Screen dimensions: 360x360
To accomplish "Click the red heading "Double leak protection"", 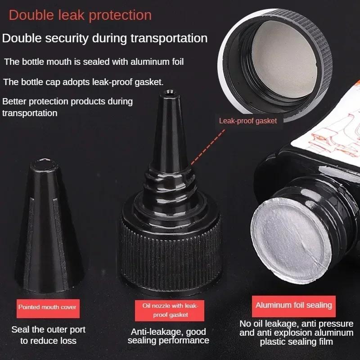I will [80, 15].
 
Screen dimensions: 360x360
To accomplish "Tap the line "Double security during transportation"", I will [105, 38].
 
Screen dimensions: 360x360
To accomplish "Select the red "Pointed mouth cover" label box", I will [47, 307].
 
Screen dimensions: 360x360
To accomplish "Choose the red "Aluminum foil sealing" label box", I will [294, 305].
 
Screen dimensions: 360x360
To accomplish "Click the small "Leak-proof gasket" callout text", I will [247, 121].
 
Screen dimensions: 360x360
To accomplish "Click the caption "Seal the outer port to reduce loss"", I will [48, 335].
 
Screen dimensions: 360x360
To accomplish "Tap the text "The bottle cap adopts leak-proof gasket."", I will [83, 82].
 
